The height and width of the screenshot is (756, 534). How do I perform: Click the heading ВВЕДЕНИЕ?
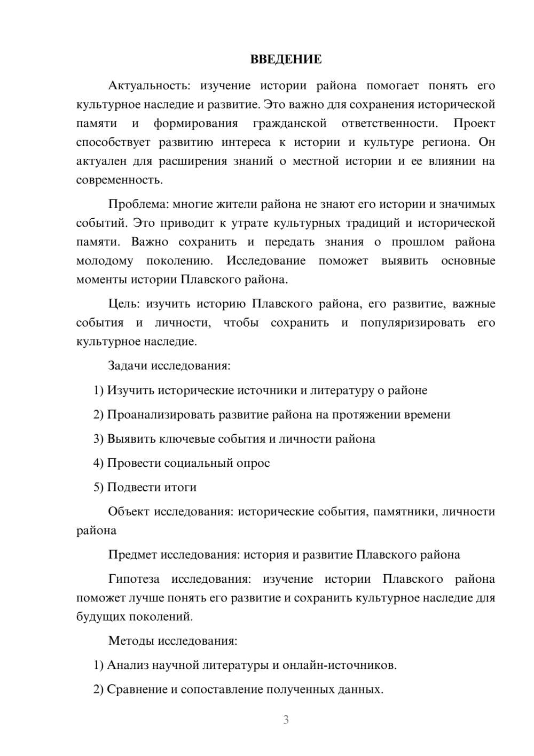tap(286, 59)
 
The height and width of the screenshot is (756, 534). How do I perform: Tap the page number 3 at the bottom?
tap(286, 720)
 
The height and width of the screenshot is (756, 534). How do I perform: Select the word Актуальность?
tap(146, 86)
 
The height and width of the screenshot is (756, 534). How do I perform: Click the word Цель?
tap(124, 304)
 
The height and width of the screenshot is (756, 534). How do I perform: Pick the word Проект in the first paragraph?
tap(474, 124)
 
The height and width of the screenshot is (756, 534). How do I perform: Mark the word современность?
tap(119, 180)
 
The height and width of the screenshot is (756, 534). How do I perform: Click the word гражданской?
tap(289, 124)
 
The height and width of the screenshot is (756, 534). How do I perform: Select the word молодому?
tap(105, 261)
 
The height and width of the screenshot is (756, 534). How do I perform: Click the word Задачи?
tap(128, 366)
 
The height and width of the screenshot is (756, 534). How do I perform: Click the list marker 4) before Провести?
tap(98, 463)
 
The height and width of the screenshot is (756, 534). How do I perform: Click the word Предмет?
tap(132, 555)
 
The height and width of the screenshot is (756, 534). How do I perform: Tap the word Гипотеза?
tap(133, 579)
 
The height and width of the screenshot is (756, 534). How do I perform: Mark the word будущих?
tap(101, 617)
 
